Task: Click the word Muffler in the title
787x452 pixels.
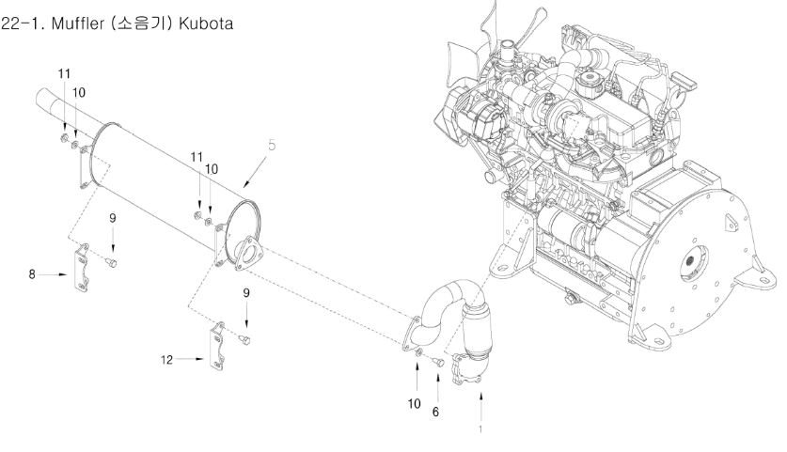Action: (78, 23)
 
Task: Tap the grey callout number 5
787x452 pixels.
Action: (272, 146)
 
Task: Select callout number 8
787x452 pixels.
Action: (32, 274)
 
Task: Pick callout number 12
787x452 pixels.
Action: (166, 359)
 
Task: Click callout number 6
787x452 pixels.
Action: (435, 412)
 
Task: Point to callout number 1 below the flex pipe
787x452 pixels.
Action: (480, 429)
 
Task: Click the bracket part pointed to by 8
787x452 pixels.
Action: (81, 268)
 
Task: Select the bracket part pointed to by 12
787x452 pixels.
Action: (217, 347)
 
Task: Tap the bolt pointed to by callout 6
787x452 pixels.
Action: (438, 361)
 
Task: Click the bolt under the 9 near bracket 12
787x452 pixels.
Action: (244, 340)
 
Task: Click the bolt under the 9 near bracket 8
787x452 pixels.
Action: (112, 262)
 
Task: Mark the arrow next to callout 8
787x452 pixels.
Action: (53, 274)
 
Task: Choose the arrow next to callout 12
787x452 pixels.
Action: (190, 359)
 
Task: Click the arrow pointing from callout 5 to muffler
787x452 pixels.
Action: (255, 172)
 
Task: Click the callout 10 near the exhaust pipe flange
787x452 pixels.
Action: (414, 404)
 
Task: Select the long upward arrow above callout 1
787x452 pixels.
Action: (480, 408)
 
